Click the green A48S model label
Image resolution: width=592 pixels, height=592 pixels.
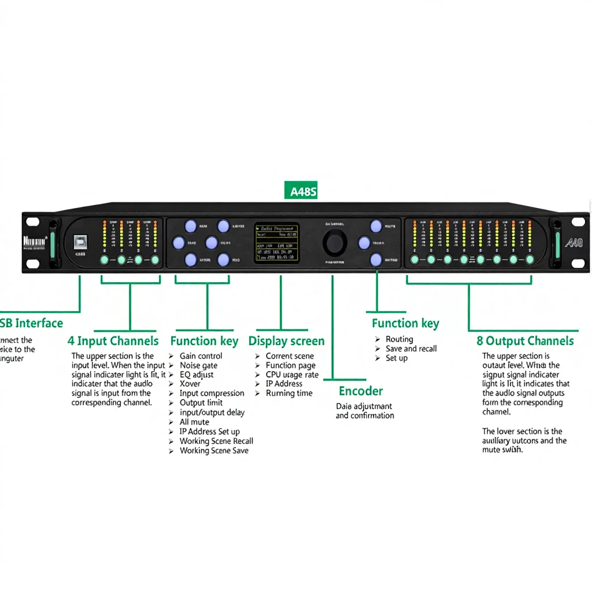click(x=301, y=191)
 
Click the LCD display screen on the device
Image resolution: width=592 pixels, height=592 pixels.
click(x=277, y=242)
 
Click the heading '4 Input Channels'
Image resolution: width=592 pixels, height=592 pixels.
click(x=113, y=341)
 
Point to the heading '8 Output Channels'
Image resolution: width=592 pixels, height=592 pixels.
click(x=526, y=341)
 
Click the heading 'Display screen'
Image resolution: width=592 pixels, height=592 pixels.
click(x=286, y=341)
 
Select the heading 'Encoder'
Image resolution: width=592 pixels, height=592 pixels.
click(x=361, y=391)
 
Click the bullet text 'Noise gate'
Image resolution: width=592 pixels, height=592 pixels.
click(x=198, y=365)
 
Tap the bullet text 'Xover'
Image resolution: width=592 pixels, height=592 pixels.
click(x=190, y=384)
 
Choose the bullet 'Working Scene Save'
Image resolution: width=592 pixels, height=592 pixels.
click(x=214, y=450)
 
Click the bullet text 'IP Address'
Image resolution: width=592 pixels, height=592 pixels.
click(x=284, y=384)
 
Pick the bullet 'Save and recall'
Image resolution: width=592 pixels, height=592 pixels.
click(x=411, y=349)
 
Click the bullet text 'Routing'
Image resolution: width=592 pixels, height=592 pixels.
click(x=399, y=339)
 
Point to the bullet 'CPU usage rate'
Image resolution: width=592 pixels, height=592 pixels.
click(x=292, y=375)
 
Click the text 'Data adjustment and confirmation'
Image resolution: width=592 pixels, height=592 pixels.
click(x=365, y=411)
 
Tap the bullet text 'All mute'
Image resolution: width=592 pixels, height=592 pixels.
click(x=194, y=422)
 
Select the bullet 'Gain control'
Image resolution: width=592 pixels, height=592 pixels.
click(x=201, y=356)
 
